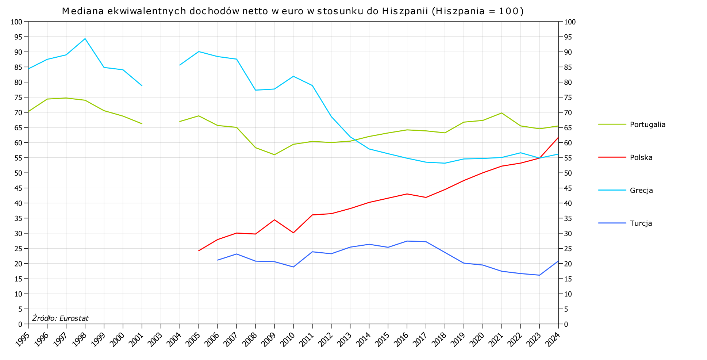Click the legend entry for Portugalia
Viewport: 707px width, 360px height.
[x=648, y=125]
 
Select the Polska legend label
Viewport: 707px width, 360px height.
[x=641, y=158]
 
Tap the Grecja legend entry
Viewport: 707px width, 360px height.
[x=641, y=191]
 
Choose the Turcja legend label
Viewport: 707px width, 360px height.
[x=641, y=223]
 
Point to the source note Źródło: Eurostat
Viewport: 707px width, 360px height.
[x=60, y=318]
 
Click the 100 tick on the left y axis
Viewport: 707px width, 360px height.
[x=17, y=22]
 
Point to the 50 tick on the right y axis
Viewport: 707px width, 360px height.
[x=568, y=173]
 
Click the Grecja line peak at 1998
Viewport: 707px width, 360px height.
[x=85, y=39]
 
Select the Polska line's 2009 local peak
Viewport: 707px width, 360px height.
[x=274, y=220]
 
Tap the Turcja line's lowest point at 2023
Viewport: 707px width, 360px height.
[x=539, y=275]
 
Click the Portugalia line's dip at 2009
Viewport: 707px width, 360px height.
[x=274, y=155]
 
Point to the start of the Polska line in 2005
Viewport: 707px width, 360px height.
[x=199, y=251]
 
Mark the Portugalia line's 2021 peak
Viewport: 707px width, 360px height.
[x=502, y=113]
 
